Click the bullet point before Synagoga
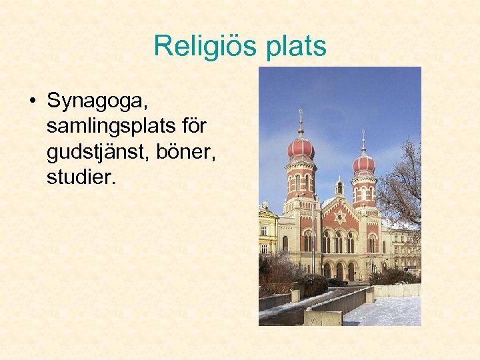pyautogui.click(x=31, y=102)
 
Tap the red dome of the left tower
pyautogui.click(x=301, y=148)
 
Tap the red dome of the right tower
pyautogui.click(x=363, y=163)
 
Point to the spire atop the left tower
pyautogui.click(x=301, y=122)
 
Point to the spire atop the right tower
pyautogui.click(x=363, y=141)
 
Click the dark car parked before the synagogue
pyautogui.click(x=337, y=282)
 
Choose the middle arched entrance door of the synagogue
pyautogui.click(x=339, y=271)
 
